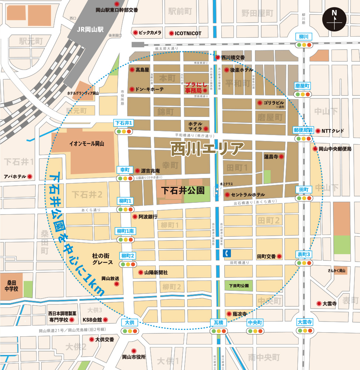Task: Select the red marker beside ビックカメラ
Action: pos(136,33)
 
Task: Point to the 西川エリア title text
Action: pos(207,149)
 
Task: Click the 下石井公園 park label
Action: pos(183,191)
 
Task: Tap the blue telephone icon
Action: pos(226,253)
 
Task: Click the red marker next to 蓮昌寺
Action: pos(281,157)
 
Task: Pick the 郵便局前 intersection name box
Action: pos(303,130)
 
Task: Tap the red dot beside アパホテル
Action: pos(30,176)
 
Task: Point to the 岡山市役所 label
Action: pos(134,357)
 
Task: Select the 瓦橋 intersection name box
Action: pos(218,322)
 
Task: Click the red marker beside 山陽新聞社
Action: pos(140,272)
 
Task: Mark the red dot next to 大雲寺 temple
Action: pos(319,303)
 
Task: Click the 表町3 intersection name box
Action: pos(303,254)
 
